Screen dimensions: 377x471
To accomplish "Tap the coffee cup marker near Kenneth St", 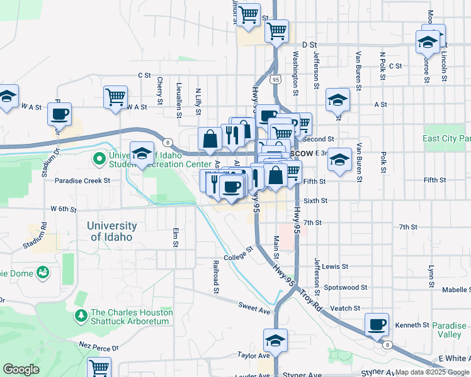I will tap(377, 325).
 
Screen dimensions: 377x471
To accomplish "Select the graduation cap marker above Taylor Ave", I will tap(275, 341).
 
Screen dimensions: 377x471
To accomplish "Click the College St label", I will tap(237, 253).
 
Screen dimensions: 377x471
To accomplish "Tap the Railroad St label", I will tap(215, 277).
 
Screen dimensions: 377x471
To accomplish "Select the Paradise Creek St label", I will tap(82, 180).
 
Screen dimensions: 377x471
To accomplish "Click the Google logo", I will tap(21, 369).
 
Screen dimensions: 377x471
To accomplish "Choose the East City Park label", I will tap(446, 138).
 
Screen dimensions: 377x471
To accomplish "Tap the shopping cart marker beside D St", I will tap(276, 31).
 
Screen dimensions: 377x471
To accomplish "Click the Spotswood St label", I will tap(345, 288).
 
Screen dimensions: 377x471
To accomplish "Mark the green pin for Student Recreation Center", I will tap(99, 159).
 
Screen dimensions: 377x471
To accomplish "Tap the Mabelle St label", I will tap(456, 290).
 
